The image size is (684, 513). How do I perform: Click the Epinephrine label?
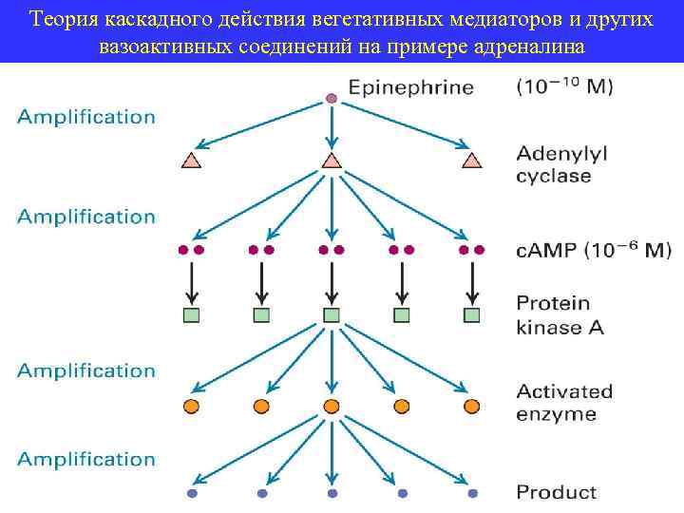pos(410,89)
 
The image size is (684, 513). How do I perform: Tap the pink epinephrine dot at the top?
pos(331,98)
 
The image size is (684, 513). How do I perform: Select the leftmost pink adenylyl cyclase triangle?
pos(191,161)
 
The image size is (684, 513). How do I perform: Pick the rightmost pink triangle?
pos(471,161)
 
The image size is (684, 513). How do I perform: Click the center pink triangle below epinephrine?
pos(331,161)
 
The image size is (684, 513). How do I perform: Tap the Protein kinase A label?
pos(559,315)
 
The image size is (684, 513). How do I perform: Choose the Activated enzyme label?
pos(564,403)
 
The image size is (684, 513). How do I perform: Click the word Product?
pos(556,492)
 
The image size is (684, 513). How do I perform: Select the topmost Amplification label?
pos(85,117)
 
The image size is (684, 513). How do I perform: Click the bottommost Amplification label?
pos(85,459)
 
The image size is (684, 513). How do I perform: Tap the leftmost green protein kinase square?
pos(191,314)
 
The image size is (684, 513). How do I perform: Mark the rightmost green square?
pos(471,314)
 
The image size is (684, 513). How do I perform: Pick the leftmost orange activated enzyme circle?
pos(191,407)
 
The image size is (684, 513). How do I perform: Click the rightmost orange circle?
pos(471,407)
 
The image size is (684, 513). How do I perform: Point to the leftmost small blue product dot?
pos(191,494)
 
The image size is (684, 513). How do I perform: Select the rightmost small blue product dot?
pos(471,494)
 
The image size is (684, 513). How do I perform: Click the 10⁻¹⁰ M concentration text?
pos(564,88)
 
